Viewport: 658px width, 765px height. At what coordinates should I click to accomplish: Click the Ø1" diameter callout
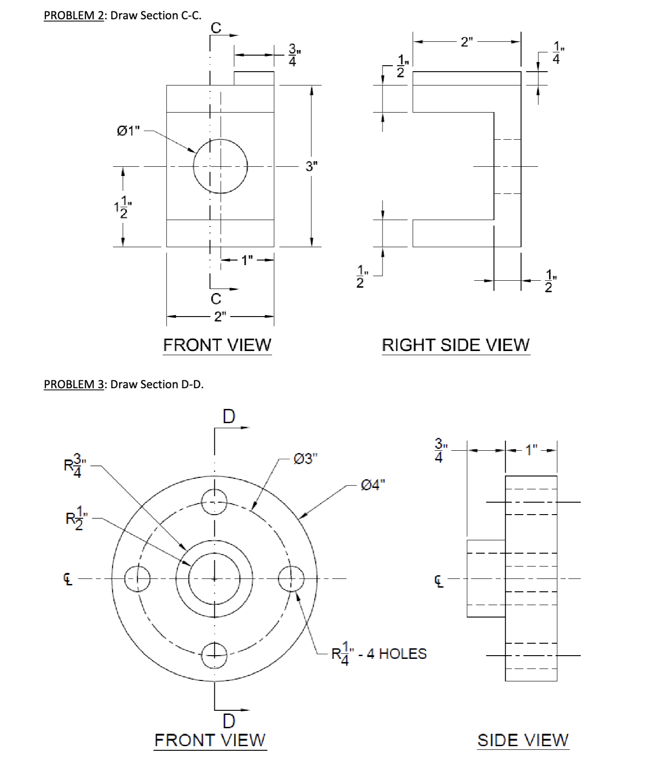pos(128,131)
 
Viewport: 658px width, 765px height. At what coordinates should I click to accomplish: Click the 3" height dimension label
pos(312,166)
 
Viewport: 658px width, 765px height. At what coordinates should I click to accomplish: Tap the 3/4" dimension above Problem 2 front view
pos(292,55)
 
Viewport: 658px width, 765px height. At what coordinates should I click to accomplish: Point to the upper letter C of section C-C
pos(216,28)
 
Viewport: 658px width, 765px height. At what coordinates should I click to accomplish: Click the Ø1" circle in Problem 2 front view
pos(220,166)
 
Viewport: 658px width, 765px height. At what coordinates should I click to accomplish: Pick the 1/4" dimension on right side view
pos(557,53)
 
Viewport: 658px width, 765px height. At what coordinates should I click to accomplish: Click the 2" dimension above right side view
pos(467,42)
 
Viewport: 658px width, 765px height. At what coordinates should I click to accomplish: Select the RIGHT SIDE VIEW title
pos(456,345)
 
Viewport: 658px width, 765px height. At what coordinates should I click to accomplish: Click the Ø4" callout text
pos(373,485)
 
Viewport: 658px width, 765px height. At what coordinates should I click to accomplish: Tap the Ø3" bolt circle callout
pos(305,459)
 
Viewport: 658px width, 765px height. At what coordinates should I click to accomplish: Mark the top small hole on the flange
pos(214,502)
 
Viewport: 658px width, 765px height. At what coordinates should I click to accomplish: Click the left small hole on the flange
pos(138,578)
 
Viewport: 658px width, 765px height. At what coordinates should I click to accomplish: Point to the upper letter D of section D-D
pos(229,417)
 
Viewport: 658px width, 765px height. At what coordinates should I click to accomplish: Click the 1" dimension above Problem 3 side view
pos(532,450)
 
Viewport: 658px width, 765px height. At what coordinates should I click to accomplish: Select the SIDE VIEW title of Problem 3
pos(523,740)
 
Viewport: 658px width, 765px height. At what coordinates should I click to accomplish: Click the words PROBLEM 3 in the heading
pos(74,384)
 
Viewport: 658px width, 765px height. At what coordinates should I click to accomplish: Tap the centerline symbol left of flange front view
pos(68,579)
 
